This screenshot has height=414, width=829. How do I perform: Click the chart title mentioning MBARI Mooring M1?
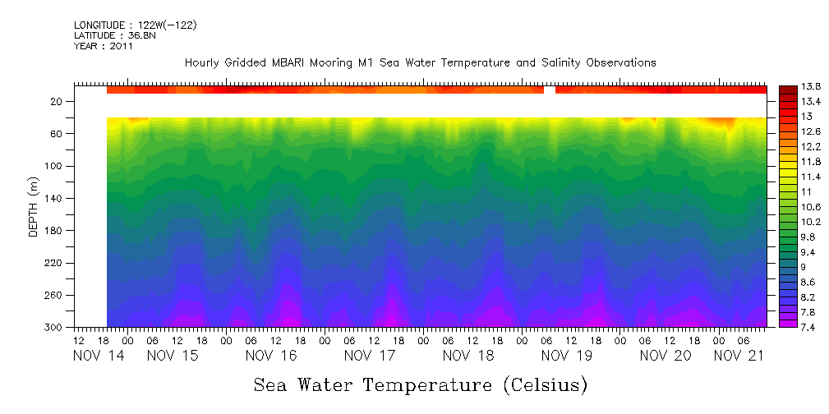(x=420, y=62)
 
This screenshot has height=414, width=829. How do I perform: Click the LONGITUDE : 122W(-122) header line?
(x=135, y=25)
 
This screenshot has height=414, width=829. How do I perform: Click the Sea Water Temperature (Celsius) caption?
(x=420, y=384)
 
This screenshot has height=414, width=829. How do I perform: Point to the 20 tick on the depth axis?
(x=57, y=102)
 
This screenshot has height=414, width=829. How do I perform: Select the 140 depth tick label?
(x=54, y=198)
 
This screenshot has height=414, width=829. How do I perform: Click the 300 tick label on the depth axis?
(x=54, y=327)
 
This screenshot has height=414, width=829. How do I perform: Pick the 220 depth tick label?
(x=54, y=263)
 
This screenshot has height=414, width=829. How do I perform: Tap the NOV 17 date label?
(x=370, y=356)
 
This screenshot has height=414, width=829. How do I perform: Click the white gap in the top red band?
(x=550, y=89)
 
